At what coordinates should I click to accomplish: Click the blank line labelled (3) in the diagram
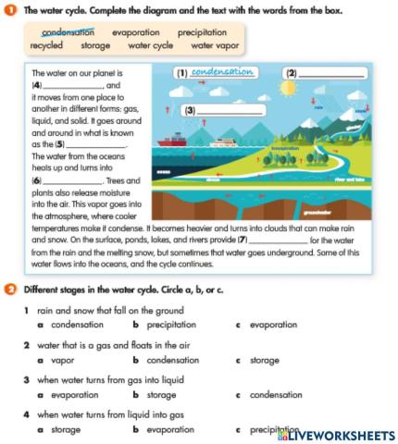tap(226, 111)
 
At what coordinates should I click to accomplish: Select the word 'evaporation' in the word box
tap(135, 31)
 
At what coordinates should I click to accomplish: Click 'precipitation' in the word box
tap(202, 31)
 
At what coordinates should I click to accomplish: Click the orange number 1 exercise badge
tap(9, 10)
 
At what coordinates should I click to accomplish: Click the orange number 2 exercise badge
tap(9, 289)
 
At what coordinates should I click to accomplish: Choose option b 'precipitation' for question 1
tap(173, 325)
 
